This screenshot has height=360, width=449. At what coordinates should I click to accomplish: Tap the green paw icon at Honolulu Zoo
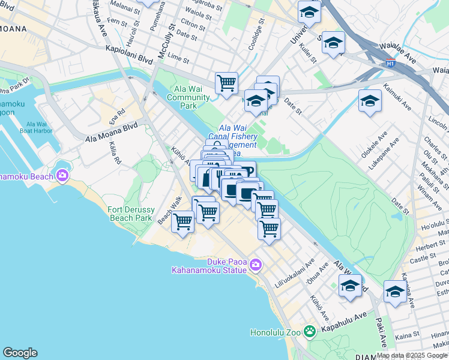(309, 331)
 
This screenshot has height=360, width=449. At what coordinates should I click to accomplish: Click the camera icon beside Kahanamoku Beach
(62, 175)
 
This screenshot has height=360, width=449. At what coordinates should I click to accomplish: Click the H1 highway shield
(390, 61)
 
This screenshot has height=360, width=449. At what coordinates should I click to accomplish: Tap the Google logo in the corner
(20, 353)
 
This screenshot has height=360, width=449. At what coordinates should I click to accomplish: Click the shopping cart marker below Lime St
(227, 83)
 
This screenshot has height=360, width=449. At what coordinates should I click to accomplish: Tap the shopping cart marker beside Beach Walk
(182, 221)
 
